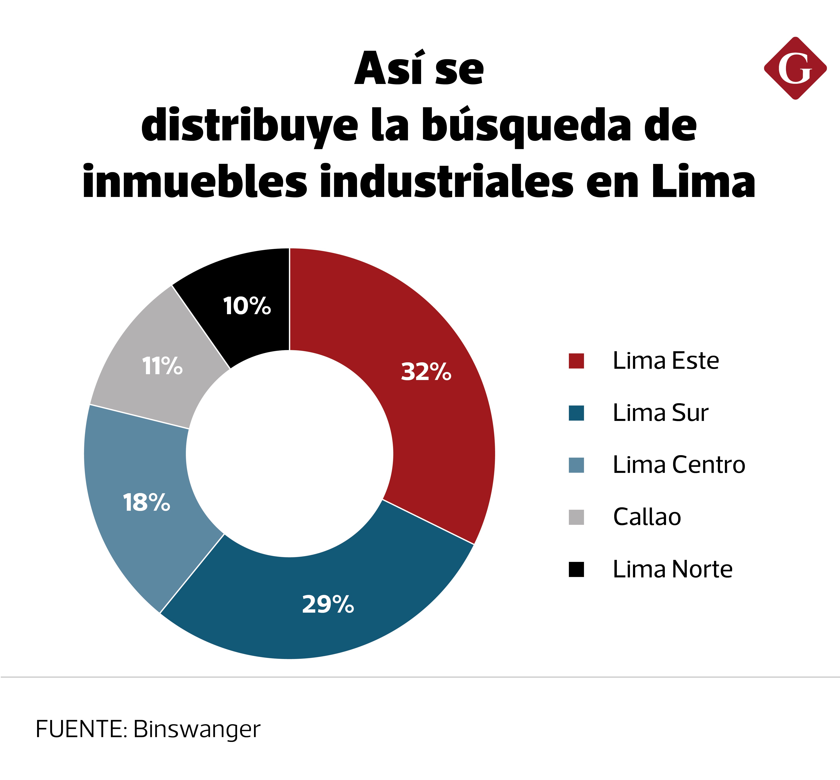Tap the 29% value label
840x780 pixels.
[328, 604]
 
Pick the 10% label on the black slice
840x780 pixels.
[247, 306]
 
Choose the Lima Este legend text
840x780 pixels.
[665, 361]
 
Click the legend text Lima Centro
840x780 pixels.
[679, 465]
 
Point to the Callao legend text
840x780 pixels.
[647, 517]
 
